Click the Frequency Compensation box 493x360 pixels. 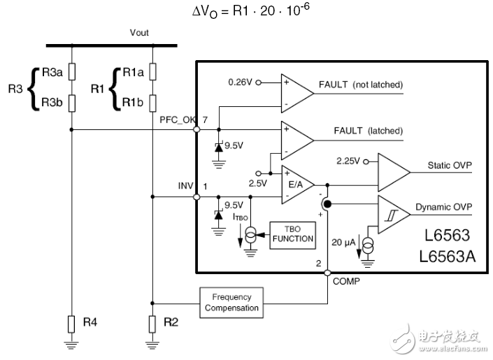coord(231,302)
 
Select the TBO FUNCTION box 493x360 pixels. coord(293,233)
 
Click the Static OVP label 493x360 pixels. coord(449,166)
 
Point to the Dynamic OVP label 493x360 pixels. coord(443,207)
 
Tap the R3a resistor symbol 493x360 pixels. coord(72,72)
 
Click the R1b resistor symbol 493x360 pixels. coord(152,103)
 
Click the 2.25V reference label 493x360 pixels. coord(347,160)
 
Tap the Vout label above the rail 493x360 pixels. coord(139,33)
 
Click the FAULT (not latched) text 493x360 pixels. coord(360,85)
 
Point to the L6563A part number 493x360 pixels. coord(447,256)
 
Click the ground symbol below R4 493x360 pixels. coord(72,344)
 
